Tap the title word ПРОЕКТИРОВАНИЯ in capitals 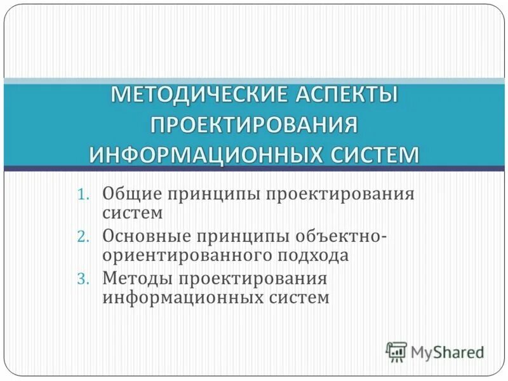click(254, 124)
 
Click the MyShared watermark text click(447, 352)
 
